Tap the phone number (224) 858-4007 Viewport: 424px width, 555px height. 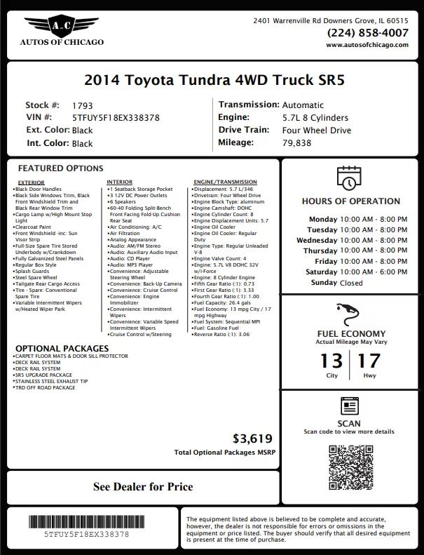click(367, 32)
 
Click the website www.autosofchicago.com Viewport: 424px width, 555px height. click(367, 44)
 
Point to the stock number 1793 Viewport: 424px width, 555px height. click(83, 105)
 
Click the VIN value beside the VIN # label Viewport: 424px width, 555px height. click(116, 118)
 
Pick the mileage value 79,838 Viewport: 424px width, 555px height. click(297, 142)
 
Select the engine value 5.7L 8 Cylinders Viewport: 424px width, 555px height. click(315, 118)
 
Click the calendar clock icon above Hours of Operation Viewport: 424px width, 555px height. click(348, 179)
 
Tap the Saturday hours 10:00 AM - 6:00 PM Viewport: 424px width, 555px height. click(373, 272)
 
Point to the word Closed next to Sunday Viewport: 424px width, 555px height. click(351, 283)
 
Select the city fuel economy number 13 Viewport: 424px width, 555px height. click(331, 362)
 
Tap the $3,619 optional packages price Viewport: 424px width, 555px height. click(249, 439)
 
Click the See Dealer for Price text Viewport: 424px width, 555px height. click(143, 486)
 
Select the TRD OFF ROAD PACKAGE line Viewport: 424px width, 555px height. click(46, 387)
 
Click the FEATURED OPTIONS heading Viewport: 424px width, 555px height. click(60, 168)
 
